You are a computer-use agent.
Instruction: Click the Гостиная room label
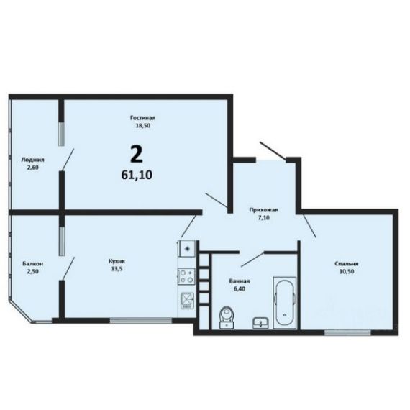(x=142, y=118)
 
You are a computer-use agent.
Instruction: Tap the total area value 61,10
(x=137, y=175)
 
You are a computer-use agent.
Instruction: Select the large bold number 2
(x=136, y=154)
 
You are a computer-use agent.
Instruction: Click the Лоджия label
(x=32, y=160)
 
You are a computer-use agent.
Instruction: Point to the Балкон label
(x=32, y=264)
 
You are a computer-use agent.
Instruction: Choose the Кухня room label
(x=117, y=261)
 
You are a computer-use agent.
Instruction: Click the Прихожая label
(x=263, y=210)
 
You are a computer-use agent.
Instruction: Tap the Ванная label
(x=240, y=281)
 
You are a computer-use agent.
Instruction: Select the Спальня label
(x=347, y=264)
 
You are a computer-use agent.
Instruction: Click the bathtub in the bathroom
(x=285, y=303)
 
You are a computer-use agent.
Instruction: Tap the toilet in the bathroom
(x=227, y=316)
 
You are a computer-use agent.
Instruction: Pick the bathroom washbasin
(x=260, y=323)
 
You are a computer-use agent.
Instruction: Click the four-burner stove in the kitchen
(x=187, y=276)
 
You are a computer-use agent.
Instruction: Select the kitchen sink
(x=187, y=300)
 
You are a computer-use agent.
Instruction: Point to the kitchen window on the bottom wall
(x=141, y=321)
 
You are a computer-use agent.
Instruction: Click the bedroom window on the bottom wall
(x=347, y=332)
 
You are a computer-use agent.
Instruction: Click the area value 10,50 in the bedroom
(x=347, y=271)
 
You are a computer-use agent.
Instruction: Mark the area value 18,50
(x=142, y=125)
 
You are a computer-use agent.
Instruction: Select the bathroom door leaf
(x=252, y=260)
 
